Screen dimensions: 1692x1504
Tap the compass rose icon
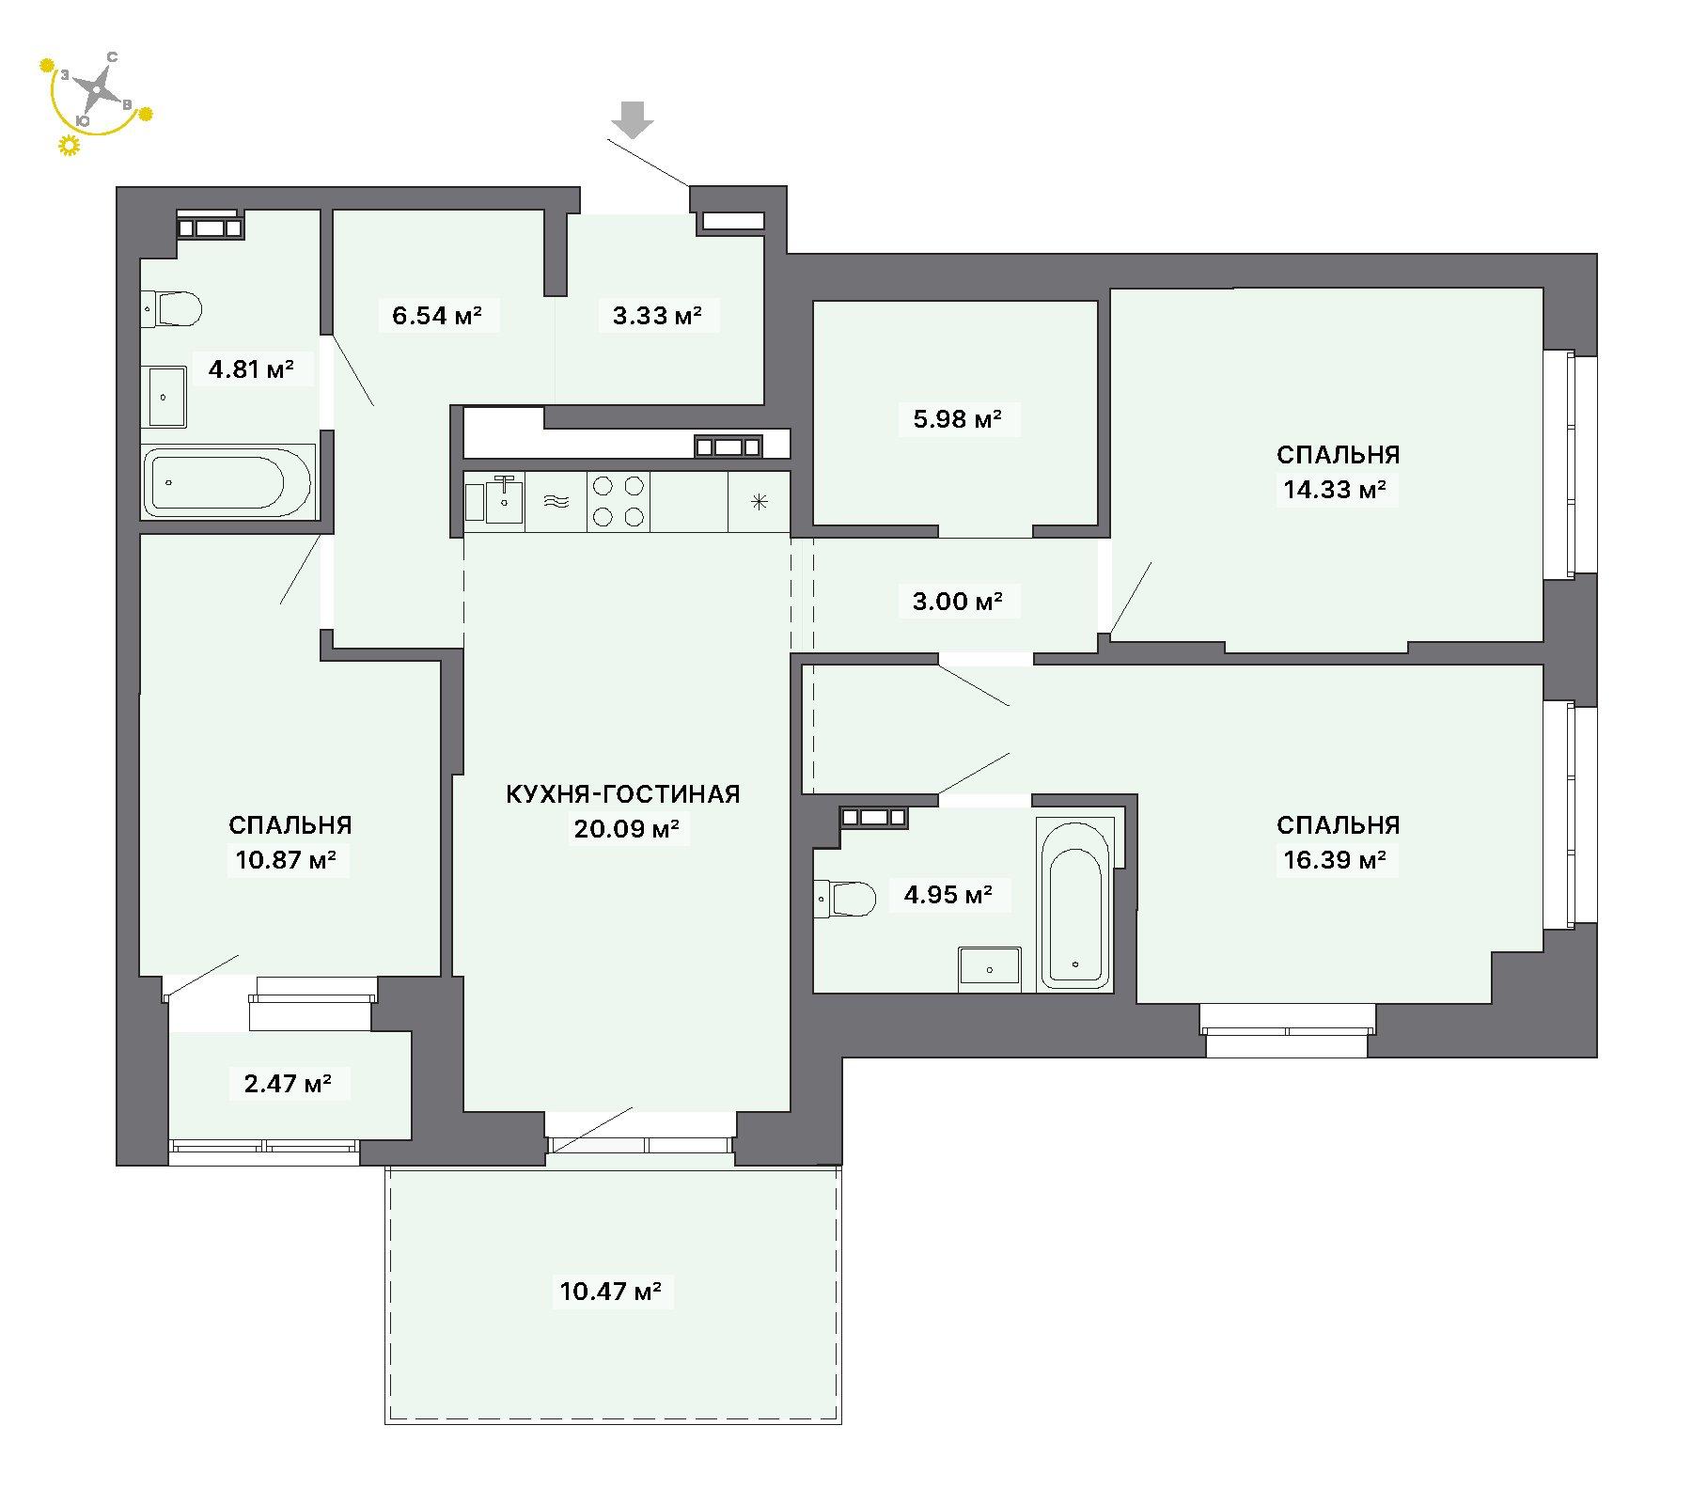(94, 91)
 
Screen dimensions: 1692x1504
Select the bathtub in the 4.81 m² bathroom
(227, 482)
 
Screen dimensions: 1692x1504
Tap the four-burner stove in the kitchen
(619, 501)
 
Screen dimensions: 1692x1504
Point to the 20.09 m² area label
(627, 829)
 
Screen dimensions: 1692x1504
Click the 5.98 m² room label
(957, 418)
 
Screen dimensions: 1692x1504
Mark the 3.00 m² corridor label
(957, 601)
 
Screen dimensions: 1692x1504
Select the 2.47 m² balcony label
(288, 1084)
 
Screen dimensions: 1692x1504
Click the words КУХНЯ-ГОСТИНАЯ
(623, 794)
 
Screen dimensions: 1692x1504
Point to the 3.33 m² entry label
(658, 315)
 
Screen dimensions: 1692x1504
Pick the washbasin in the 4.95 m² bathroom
(990, 969)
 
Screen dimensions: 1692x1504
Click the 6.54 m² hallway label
(437, 315)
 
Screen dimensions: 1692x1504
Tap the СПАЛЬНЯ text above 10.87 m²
(290, 825)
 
